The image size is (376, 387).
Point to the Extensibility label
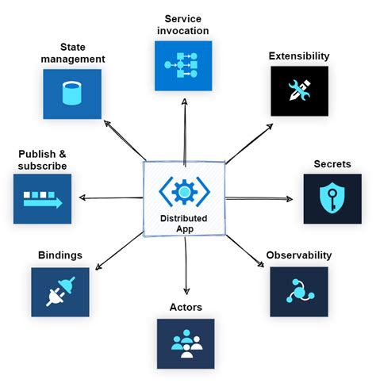point(300,56)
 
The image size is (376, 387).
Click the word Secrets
point(332,163)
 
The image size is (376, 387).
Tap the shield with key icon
point(332,199)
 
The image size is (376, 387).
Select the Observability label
point(299,255)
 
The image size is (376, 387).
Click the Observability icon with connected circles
point(298,293)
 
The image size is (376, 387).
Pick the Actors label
point(186,306)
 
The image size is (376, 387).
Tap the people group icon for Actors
point(186,343)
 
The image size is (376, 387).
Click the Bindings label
point(60,255)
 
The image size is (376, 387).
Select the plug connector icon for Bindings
point(60,293)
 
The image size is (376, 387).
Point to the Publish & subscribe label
point(42,159)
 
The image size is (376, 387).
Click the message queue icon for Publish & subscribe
point(42,199)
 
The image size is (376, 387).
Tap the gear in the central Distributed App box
point(185,191)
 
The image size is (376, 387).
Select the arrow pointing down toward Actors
point(186,270)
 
